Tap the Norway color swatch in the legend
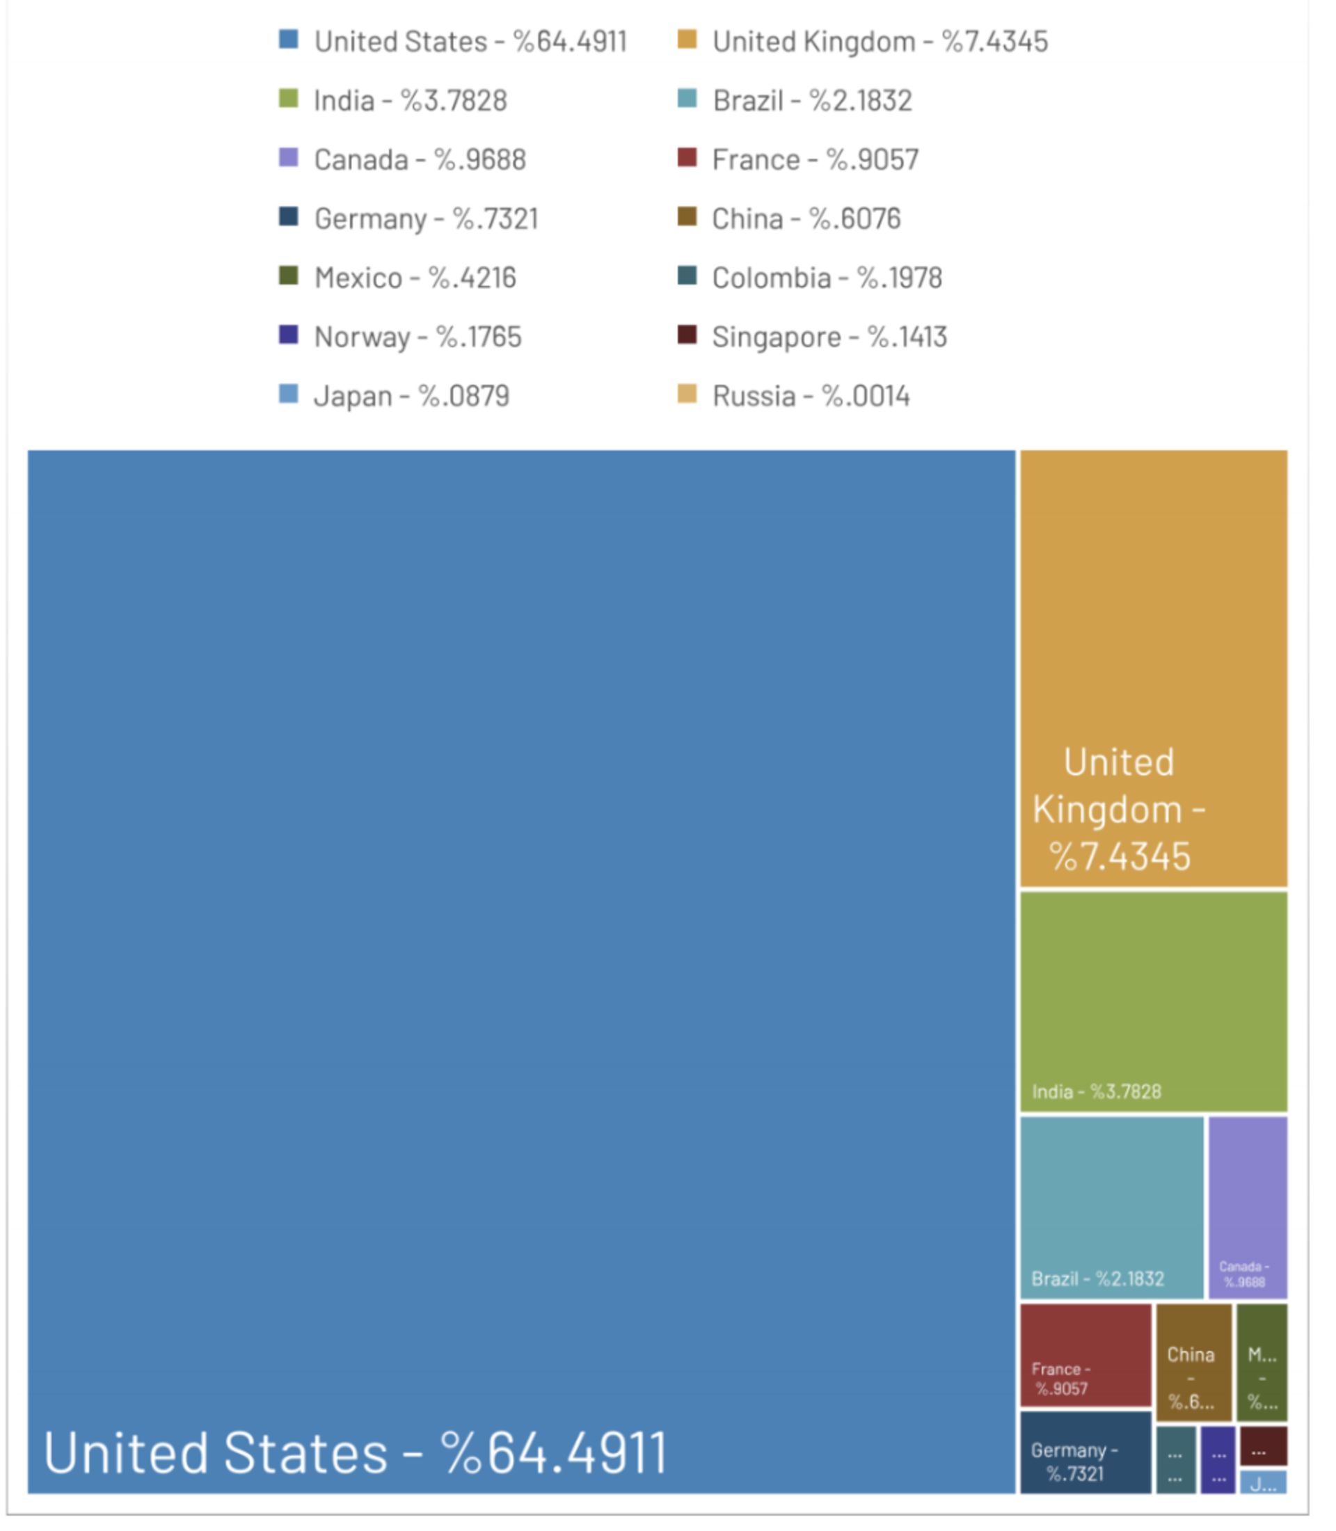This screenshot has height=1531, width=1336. (289, 335)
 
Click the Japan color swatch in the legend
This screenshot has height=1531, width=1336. (289, 394)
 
